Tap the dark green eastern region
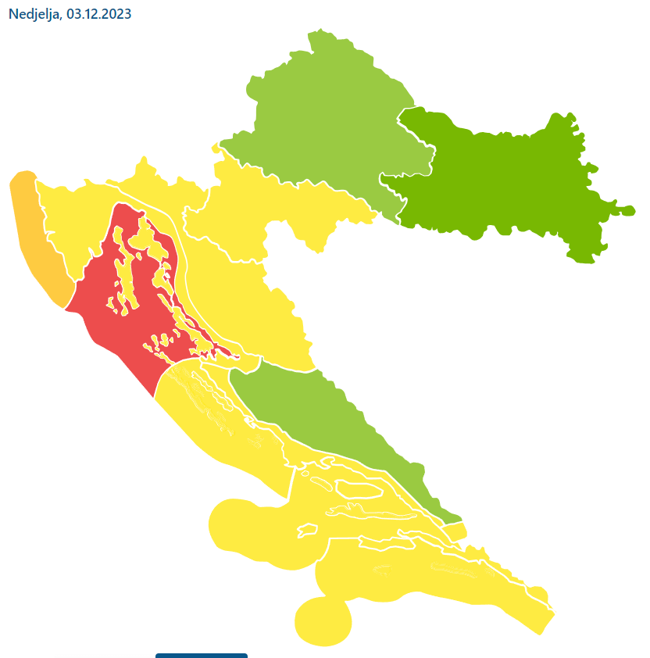click(x=500, y=180)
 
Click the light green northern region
click(x=328, y=117)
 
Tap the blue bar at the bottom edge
click(x=202, y=656)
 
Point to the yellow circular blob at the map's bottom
click(x=323, y=621)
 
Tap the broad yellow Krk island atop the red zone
click(x=145, y=234)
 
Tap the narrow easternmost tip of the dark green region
click(x=625, y=210)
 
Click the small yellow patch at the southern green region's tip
click(x=457, y=531)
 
